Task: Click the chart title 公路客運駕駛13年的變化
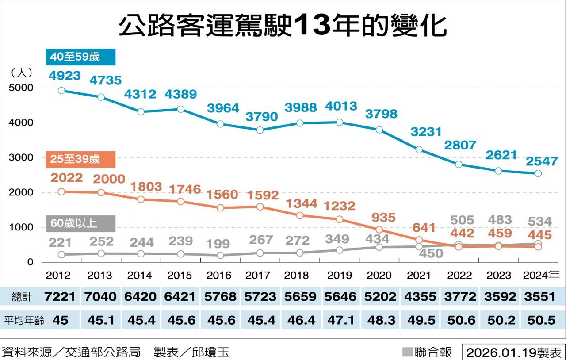(283, 26)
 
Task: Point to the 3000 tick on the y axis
(21, 158)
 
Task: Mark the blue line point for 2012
(61, 91)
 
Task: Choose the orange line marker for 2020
(379, 230)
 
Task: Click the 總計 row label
(22, 296)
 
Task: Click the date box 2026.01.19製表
(513, 352)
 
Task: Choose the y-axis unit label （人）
(21, 73)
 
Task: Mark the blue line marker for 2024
(538, 173)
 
